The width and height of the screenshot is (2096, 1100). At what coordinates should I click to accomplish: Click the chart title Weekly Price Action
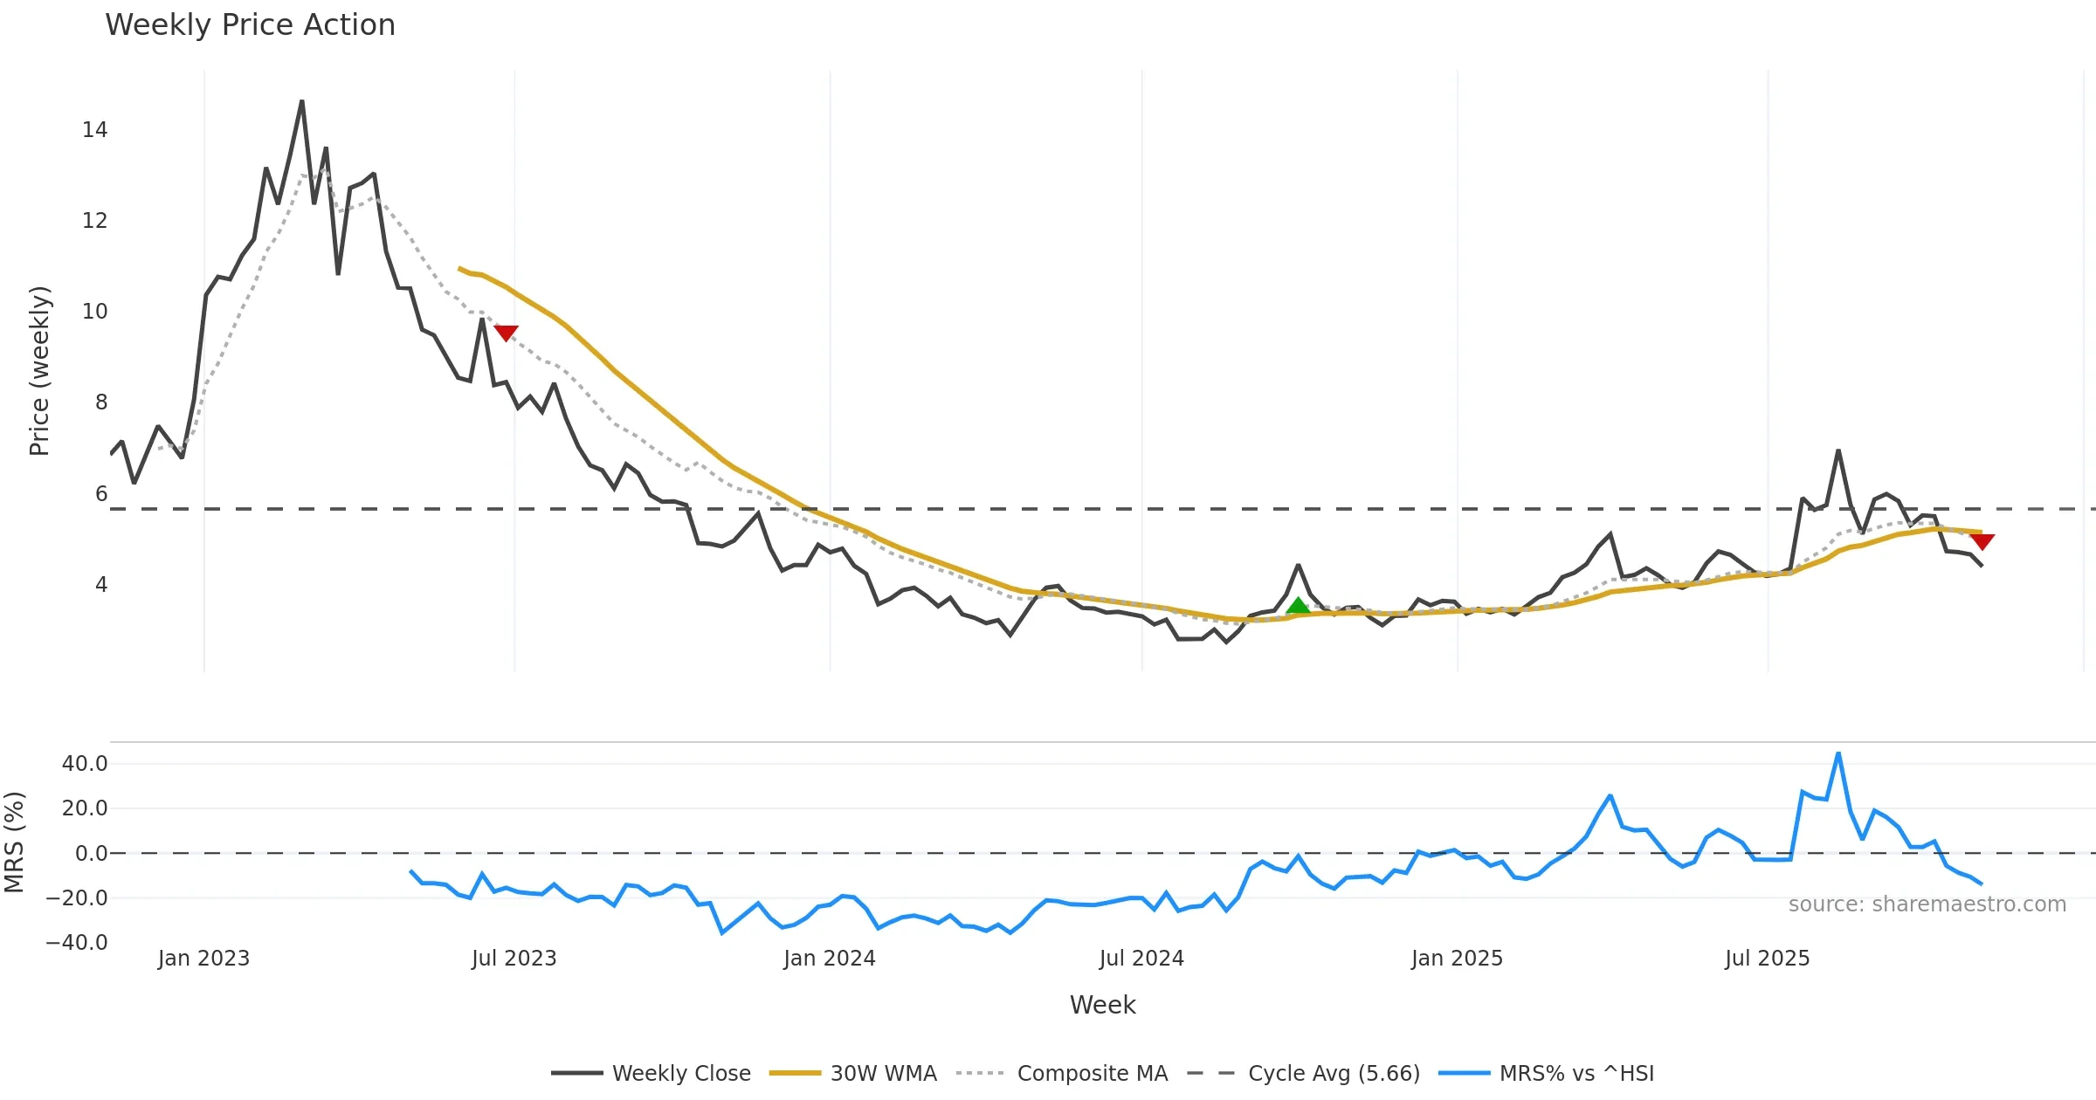[250, 25]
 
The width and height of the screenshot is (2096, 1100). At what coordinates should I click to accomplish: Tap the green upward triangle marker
[1298, 606]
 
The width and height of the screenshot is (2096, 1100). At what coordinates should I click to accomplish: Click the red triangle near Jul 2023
[506, 333]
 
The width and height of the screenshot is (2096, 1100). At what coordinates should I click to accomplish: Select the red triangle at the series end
[1982, 541]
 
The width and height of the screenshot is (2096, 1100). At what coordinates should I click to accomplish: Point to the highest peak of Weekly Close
[302, 102]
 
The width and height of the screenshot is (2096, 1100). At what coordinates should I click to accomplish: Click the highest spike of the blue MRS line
[1838, 753]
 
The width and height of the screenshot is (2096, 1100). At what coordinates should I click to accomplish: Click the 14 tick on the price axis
[94, 130]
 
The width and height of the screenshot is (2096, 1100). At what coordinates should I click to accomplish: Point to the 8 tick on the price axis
[101, 402]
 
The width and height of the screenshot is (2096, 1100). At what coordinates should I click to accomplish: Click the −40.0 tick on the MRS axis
[77, 943]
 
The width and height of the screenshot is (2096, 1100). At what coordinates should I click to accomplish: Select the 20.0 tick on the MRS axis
[84, 808]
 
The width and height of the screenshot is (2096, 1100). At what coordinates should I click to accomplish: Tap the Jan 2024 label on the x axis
[829, 959]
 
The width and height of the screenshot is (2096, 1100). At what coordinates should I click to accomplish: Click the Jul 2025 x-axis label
[1767, 959]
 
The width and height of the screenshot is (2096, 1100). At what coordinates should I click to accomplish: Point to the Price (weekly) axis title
[39, 371]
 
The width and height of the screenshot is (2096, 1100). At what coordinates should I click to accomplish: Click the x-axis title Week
[1102, 1005]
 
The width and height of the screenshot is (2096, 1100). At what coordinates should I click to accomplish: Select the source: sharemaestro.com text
[1927, 904]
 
